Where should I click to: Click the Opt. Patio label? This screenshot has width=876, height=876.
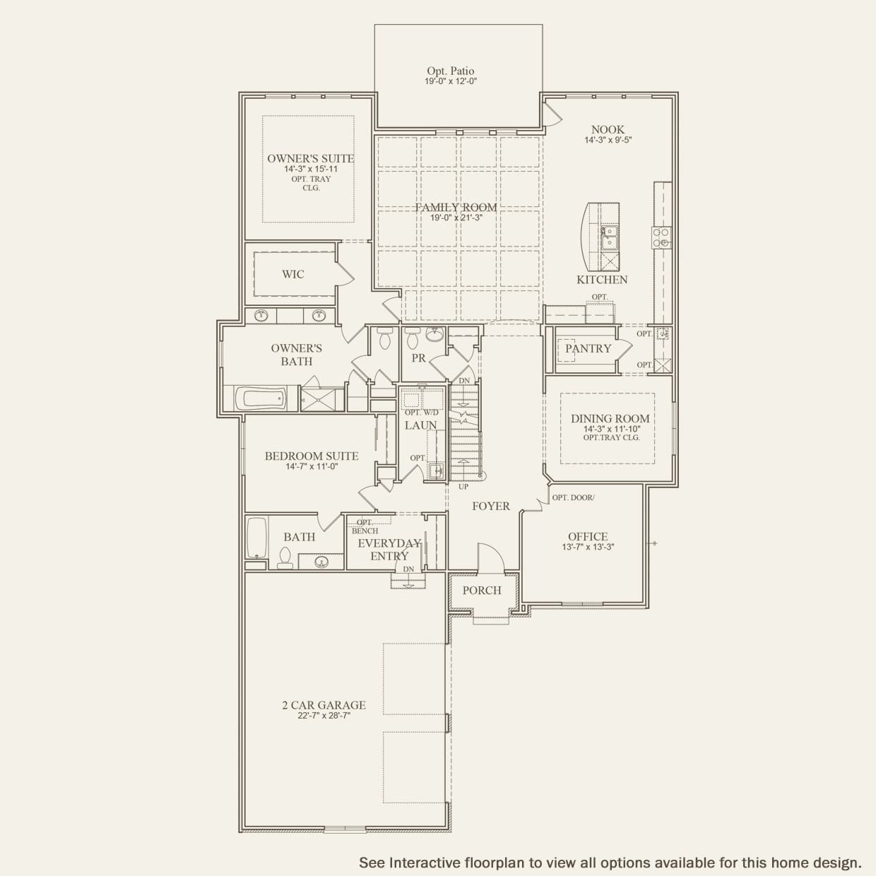(x=450, y=71)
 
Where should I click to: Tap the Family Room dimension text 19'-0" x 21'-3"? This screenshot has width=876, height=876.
(x=456, y=218)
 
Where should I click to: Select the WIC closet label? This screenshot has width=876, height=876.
(x=292, y=274)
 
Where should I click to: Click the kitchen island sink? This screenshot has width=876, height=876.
(x=609, y=238)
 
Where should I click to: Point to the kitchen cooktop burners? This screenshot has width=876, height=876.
(x=661, y=237)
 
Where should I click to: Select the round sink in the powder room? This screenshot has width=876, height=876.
(x=435, y=335)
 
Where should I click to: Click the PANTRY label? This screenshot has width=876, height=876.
(x=588, y=349)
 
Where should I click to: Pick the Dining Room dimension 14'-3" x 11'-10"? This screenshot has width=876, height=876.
(x=612, y=429)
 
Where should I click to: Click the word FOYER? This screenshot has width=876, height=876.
(x=491, y=506)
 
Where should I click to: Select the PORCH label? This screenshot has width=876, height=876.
(x=482, y=591)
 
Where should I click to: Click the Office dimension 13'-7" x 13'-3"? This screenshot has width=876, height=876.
(x=588, y=547)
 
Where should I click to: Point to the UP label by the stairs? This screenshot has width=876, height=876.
(x=463, y=487)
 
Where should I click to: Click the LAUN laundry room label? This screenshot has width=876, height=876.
(x=420, y=425)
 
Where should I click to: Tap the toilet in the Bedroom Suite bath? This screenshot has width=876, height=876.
(x=285, y=558)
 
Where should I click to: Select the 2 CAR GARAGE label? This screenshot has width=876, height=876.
(x=324, y=705)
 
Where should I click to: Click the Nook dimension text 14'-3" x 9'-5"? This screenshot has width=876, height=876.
(x=608, y=140)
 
